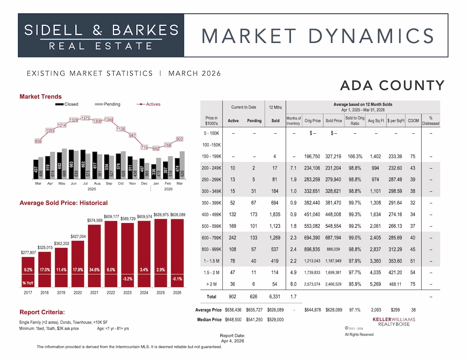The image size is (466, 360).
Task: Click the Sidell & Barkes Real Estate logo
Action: pyautogui.click(x=101, y=36)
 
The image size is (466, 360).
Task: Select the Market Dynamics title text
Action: pyautogui.click(x=318, y=36)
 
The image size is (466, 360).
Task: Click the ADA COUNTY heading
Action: pyautogui.click(x=392, y=86)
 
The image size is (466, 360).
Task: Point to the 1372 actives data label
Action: pyautogui.click(x=85, y=119)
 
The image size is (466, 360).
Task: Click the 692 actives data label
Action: pyautogui.click(x=156, y=148)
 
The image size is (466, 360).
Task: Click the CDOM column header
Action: pyautogui.click(x=413, y=121)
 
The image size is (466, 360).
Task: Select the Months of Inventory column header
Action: pyautogui.click(x=294, y=121)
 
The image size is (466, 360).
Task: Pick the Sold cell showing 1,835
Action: pyautogui.click(x=275, y=214)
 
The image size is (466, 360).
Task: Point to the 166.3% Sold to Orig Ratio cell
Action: pyautogui.click(x=355, y=156)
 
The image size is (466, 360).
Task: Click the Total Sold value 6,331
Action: pyautogui.click(x=275, y=296)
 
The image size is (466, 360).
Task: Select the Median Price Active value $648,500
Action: pyautogui.click(x=233, y=320)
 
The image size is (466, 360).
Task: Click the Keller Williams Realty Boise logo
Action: pyautogui.click(x=394, y=321)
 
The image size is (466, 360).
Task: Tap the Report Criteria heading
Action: pyautogui.click(x=41, y=312)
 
